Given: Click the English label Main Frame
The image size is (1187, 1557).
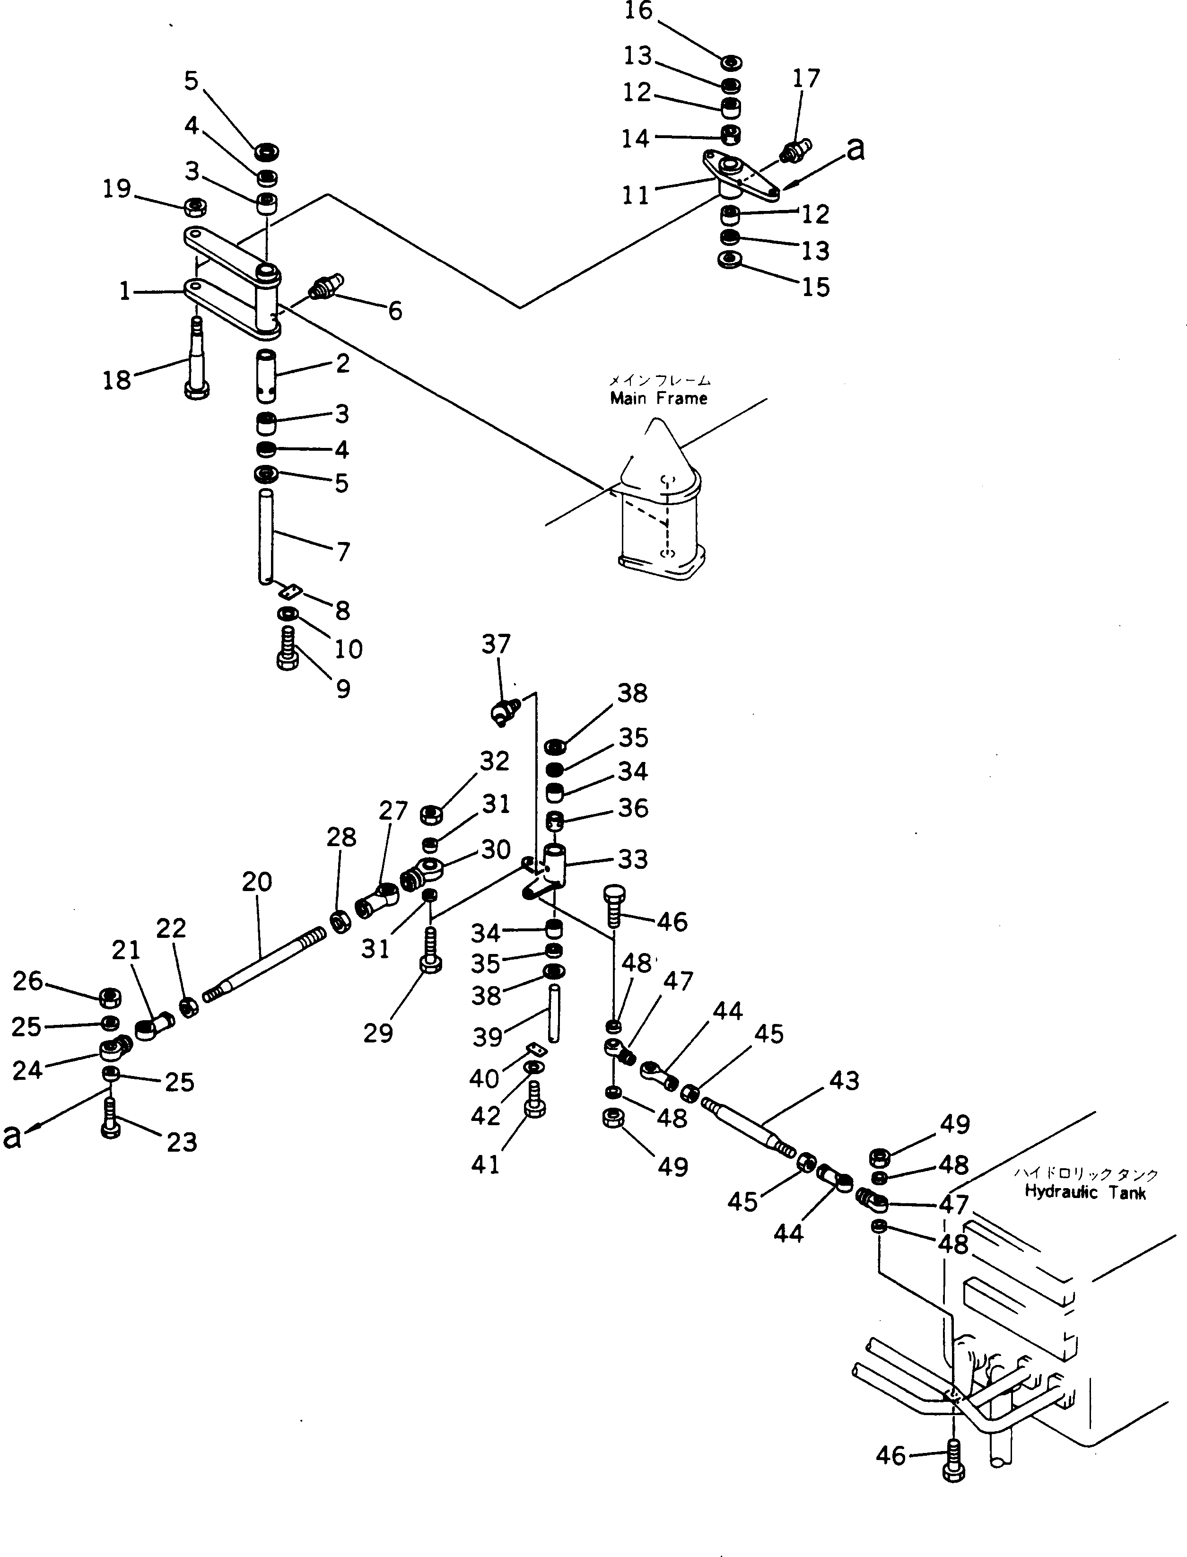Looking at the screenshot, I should click(x=658, y=398).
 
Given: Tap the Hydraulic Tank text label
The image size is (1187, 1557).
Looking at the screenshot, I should click(x=1085, y=1192).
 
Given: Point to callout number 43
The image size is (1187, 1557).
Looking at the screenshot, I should click(x=844, y=1080).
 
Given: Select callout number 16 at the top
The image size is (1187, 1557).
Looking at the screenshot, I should click(x=639, y=12).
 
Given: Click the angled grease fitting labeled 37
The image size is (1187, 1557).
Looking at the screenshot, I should click(x=504, y=710).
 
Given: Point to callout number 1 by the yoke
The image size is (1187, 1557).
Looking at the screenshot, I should click(x=125, y=290).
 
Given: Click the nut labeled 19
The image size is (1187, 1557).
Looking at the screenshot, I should click(x=195, y=207).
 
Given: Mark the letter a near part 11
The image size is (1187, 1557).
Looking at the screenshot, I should click(x=855, y=150).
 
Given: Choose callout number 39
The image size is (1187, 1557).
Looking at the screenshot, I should click(x=488, y=1037).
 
